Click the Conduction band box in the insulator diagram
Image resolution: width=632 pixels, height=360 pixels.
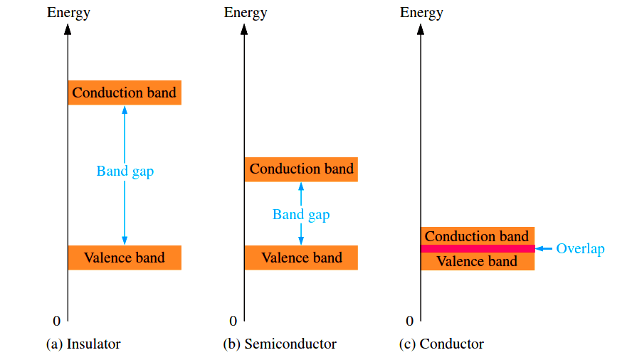(125, 92)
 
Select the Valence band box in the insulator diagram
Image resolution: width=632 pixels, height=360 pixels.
(125, 258)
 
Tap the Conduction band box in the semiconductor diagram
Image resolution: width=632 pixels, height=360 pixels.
(301, 169)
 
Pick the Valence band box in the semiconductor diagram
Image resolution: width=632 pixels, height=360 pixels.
(301, 258)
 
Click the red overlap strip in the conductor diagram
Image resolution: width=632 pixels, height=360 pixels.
(477, 248)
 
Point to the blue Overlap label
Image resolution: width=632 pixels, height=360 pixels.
(580, 249)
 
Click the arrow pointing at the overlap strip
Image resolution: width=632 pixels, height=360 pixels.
(544, 248)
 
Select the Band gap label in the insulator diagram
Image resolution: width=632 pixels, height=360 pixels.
(125, 171)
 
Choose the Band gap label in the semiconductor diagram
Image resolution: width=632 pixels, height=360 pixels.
(301, 214)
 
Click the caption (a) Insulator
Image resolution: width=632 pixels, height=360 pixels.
(83, 344)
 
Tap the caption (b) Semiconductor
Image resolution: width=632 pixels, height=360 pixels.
(279, 344)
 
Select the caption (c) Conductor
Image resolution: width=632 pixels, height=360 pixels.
(441, 344)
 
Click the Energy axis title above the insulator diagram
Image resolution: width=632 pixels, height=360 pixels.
(68, 13)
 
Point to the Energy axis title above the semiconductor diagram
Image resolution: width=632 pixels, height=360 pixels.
(246, 13)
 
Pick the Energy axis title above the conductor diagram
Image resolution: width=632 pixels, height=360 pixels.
(421, 13)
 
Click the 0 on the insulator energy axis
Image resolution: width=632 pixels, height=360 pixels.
(57, 321)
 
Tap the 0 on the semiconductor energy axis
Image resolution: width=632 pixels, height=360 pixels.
(233, 321)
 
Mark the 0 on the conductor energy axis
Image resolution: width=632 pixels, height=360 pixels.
(409, 321)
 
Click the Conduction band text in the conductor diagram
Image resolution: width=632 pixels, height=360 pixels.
(477, 236)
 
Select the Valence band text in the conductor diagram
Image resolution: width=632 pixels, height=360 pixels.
(477, 261)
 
